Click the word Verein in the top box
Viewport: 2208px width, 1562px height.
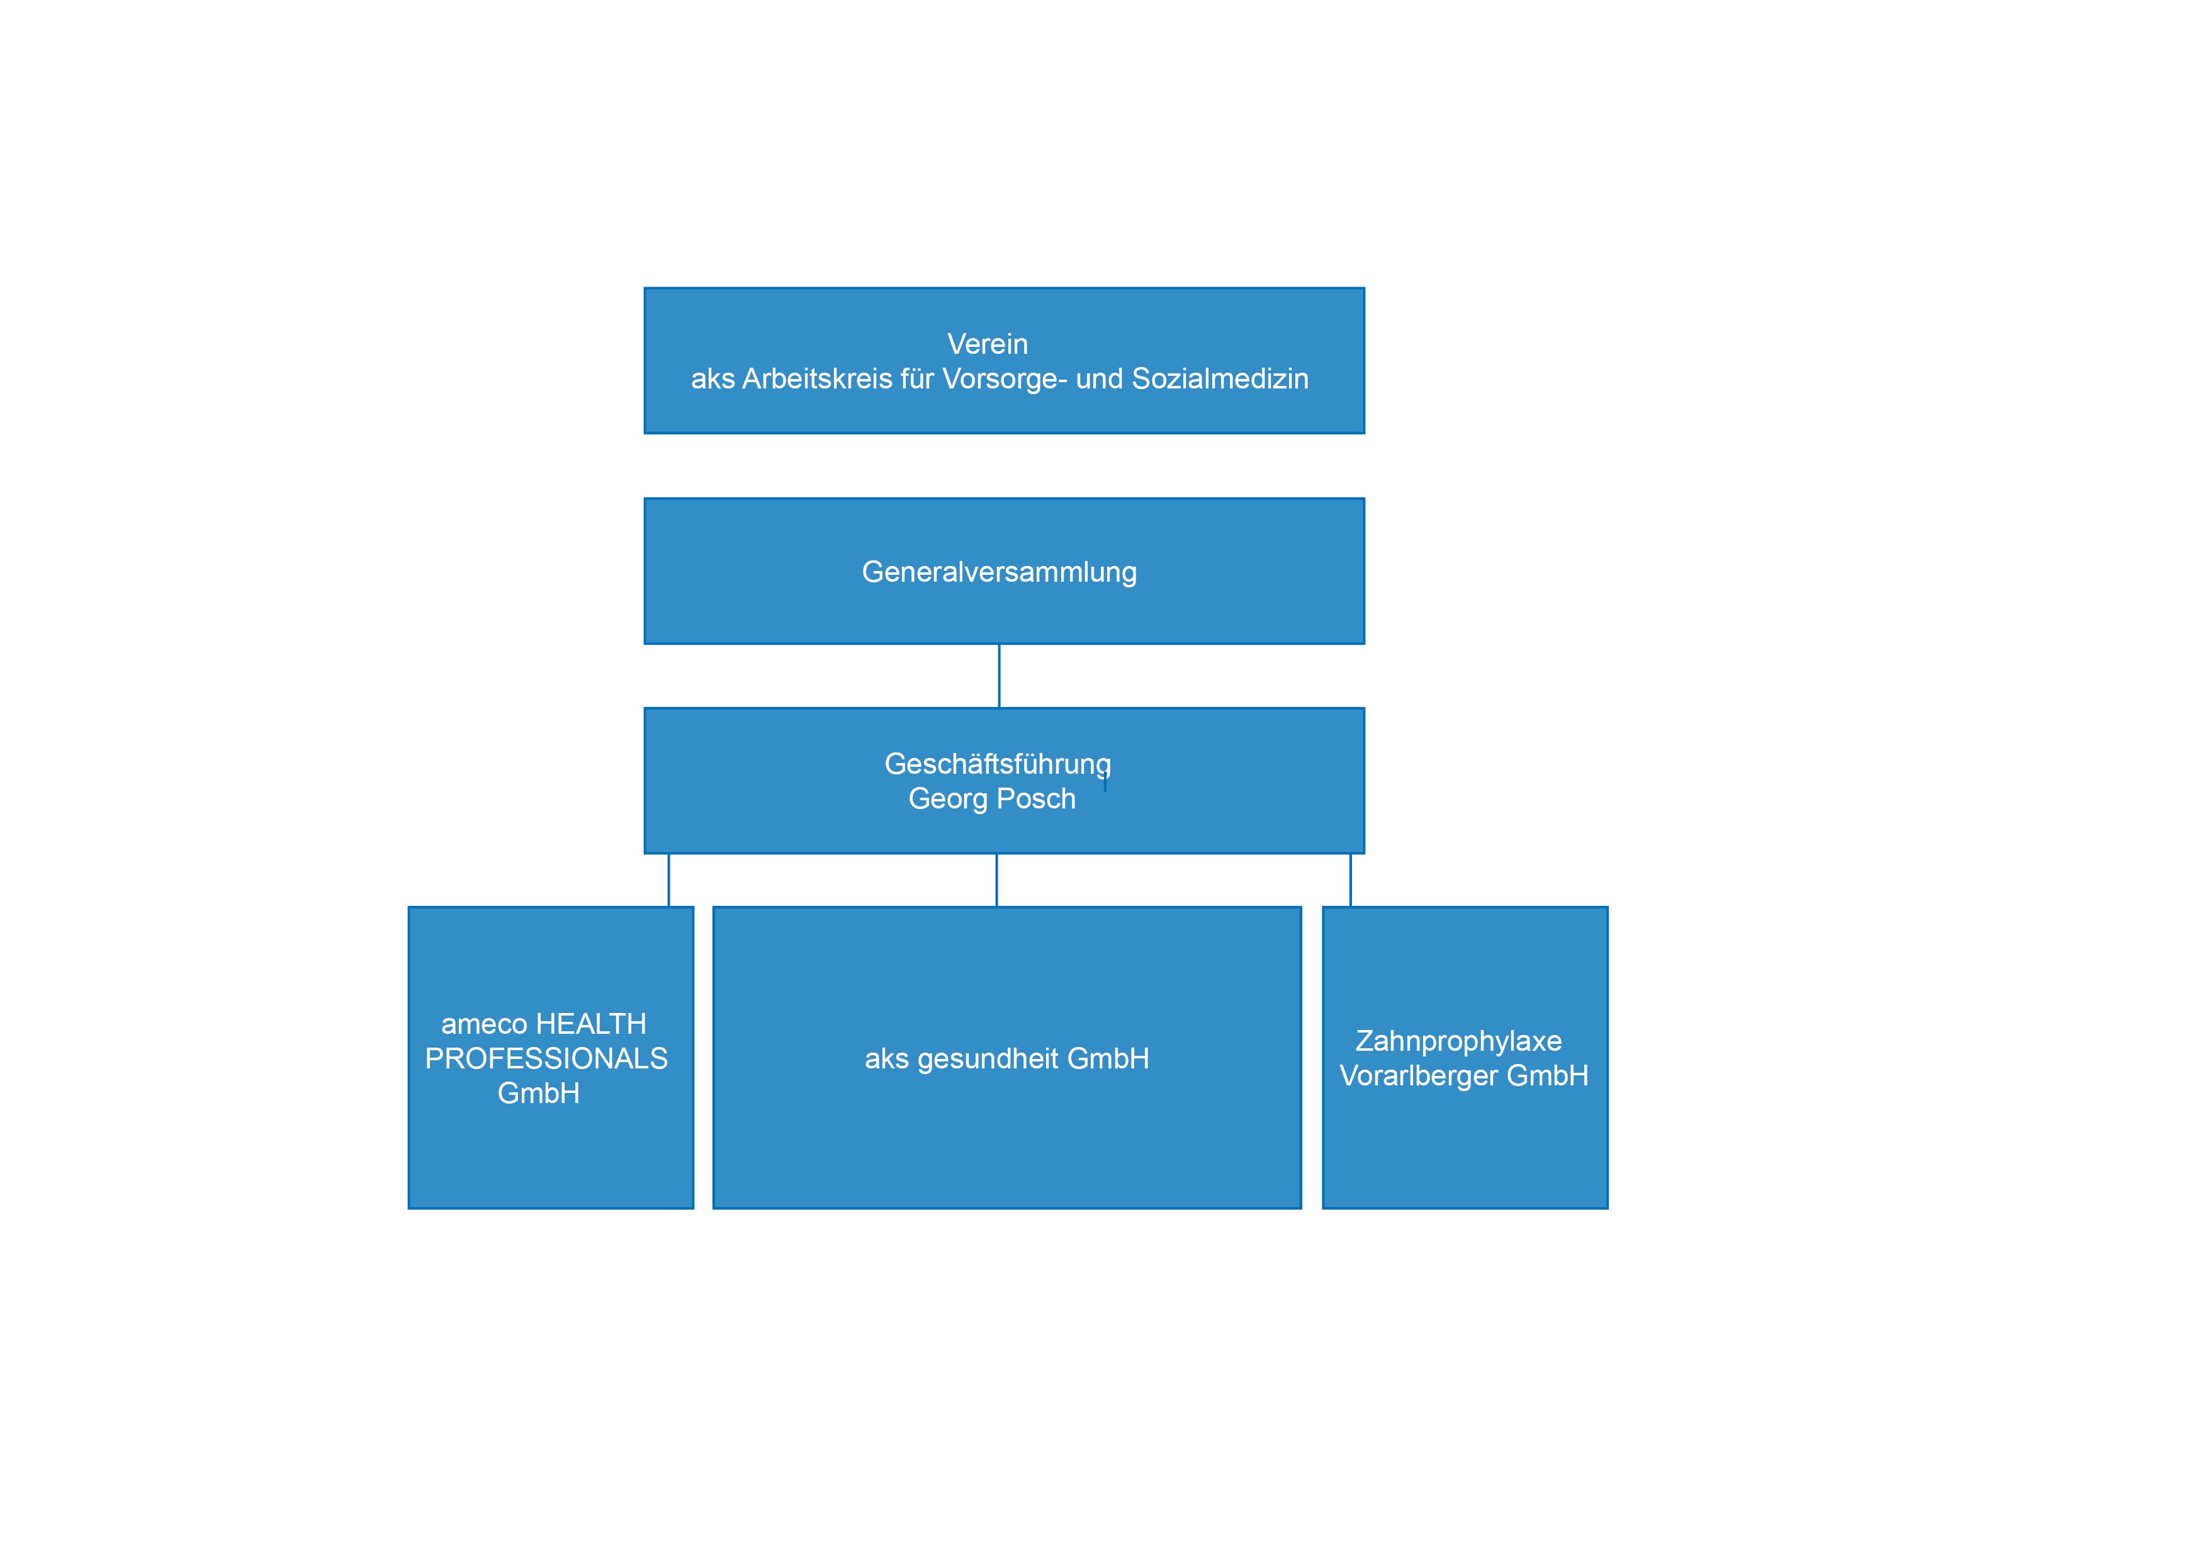(988, 344)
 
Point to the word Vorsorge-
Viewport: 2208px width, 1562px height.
(1005, 379)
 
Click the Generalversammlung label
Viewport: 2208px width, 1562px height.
(999, 572)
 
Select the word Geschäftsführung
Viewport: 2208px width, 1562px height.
(998, 765)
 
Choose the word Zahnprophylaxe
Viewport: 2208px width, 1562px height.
(1459, 1042)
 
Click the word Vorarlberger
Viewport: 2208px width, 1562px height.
(1419, 1077)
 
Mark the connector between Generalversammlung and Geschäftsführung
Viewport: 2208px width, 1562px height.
(999, 676)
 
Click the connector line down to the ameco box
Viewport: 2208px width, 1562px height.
(668, 880)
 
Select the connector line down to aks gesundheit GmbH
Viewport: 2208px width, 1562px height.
(996, 880)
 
